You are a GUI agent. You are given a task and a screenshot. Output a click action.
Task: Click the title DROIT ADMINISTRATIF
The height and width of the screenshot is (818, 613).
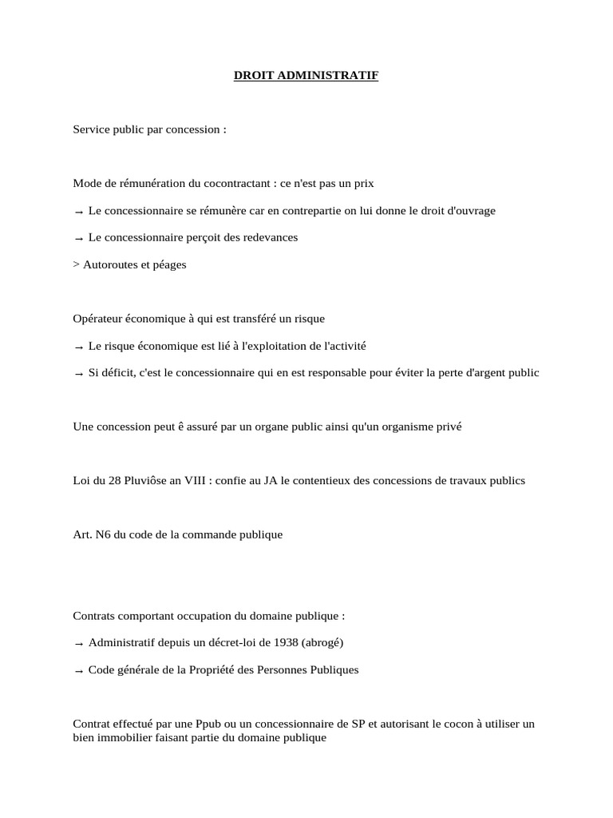(x=306, y=76)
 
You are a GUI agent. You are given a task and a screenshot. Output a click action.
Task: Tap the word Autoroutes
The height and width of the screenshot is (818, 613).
(x=110, y=264)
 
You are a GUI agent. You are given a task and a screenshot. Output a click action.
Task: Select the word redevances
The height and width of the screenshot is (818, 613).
(x=269, y=237)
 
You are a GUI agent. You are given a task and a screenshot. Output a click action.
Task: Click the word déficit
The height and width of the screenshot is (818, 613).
(x=117, y=372)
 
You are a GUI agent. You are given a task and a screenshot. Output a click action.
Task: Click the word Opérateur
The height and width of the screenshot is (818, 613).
(x=98, y=319)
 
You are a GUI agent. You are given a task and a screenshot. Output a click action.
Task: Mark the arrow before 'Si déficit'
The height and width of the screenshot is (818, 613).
(x=78, y=373)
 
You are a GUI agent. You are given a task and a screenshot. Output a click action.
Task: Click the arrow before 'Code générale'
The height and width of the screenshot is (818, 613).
(x=78, y=671)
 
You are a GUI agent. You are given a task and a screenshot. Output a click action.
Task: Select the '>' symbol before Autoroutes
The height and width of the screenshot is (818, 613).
(x=76, y=264)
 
